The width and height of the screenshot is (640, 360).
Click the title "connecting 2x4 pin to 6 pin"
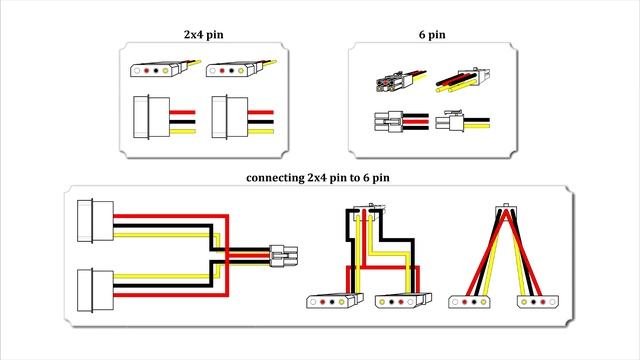click(317, 178)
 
